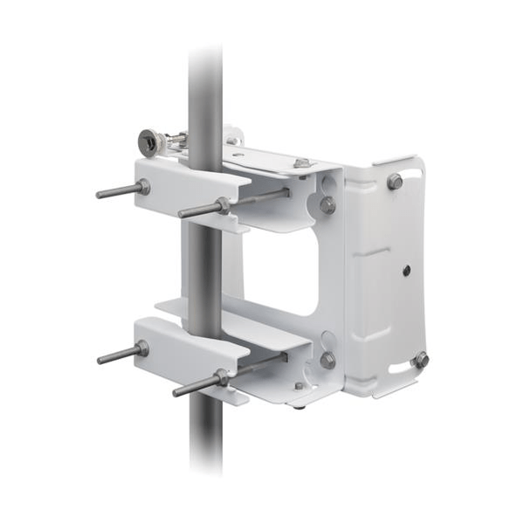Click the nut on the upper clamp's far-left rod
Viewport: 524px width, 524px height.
tap(142, 187)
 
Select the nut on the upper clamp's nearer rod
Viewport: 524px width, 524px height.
tap(224, 205)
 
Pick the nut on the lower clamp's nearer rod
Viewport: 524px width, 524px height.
tap(222, 376)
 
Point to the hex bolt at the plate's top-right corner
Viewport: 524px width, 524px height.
tap(395, 182)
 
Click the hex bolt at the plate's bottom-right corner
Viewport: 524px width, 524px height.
tap(421, 359)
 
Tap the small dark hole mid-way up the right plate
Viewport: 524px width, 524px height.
tap(407, 272)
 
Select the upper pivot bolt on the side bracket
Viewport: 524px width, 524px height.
tap(327, 205)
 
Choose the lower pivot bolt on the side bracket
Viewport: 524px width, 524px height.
tap(327, 359)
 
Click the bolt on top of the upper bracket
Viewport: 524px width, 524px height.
tap(301, 163)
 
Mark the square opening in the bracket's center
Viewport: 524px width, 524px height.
tap(281, 271)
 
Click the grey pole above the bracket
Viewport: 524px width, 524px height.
tap(205, 87)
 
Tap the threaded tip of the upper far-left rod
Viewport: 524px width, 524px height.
tap(100, 194)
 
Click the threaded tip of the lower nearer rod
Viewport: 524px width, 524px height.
tap(177, 392)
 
